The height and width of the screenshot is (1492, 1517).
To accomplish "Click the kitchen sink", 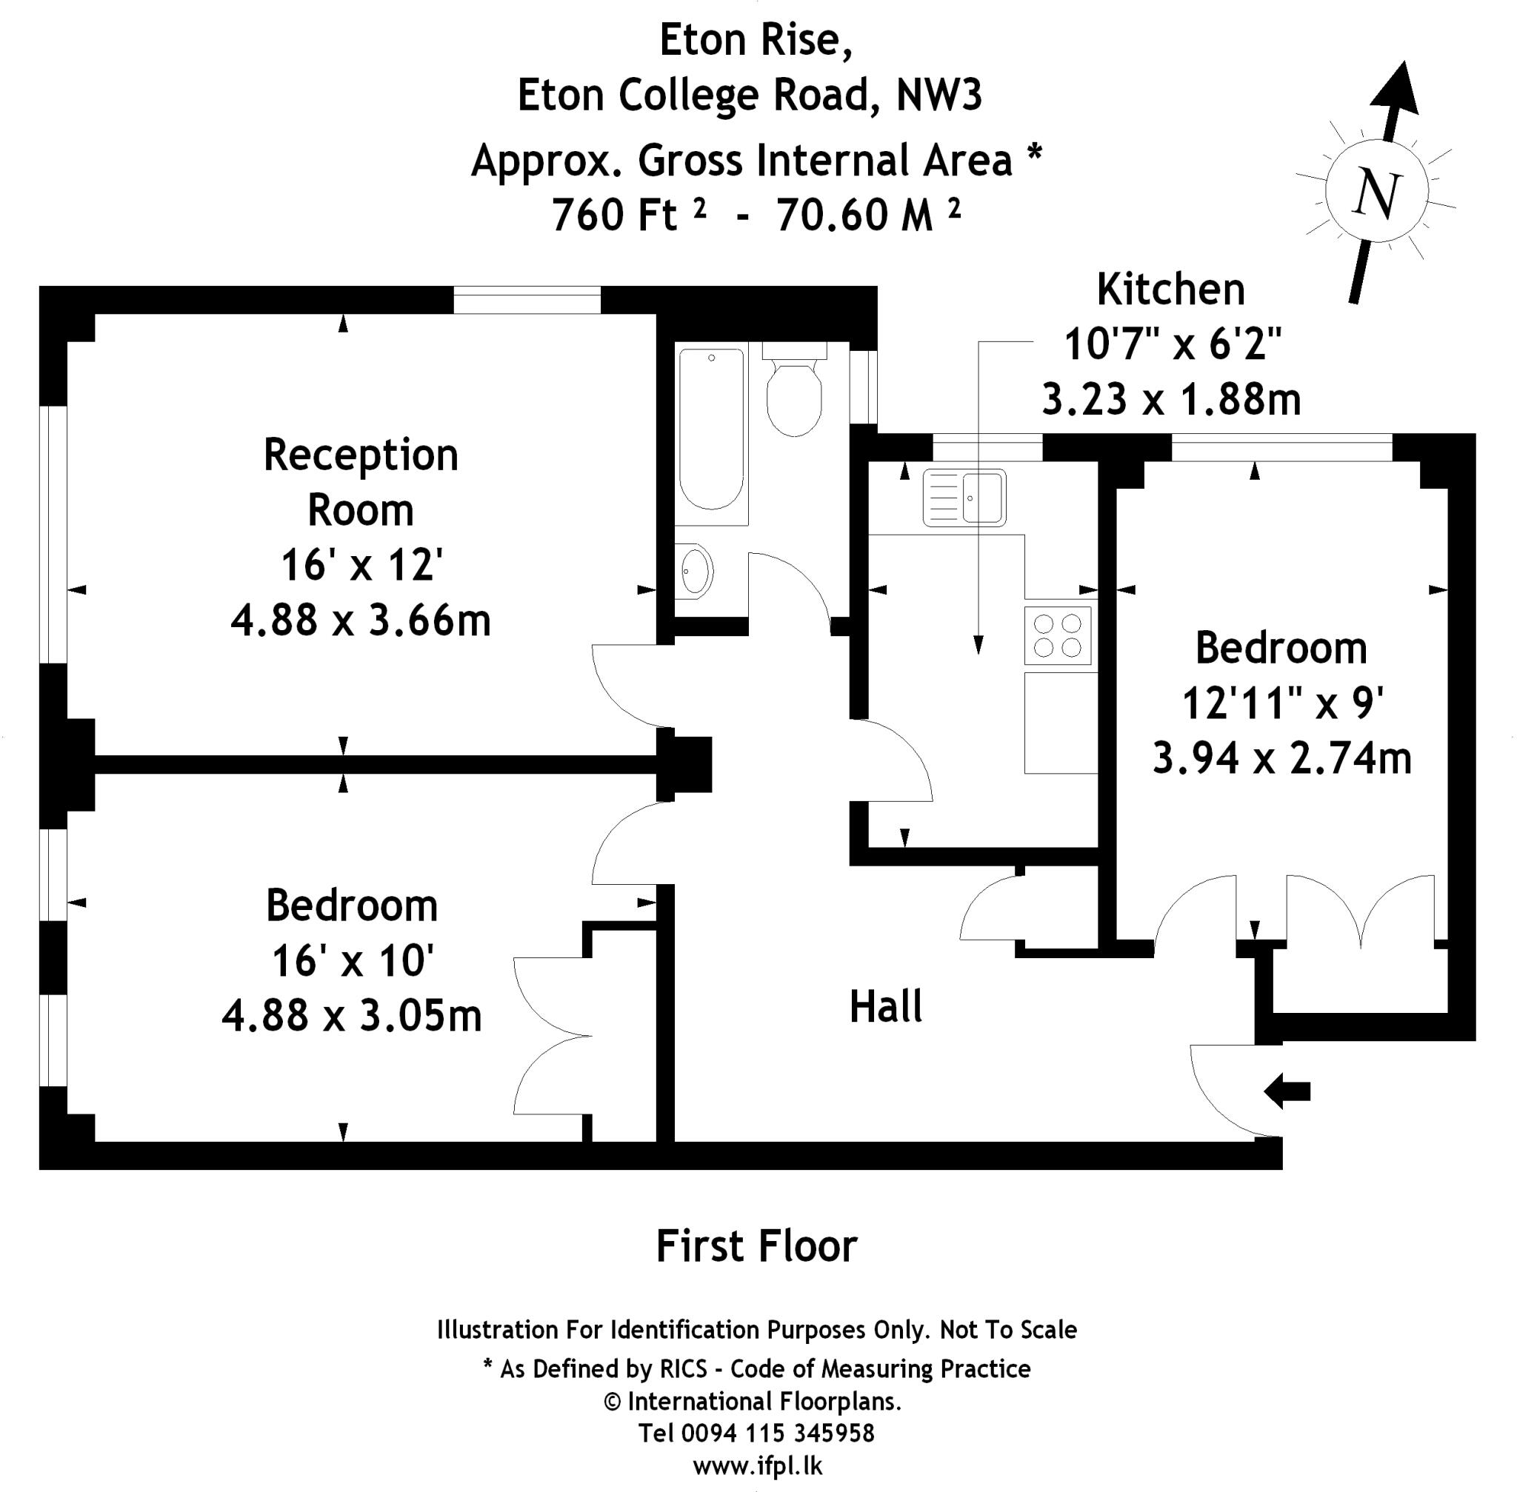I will coord(964,497).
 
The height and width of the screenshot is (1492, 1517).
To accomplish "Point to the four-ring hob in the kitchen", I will coord(1058,635).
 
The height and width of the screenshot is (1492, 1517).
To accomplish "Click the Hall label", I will coord(886,1007).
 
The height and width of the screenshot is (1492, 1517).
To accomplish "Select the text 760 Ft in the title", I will coord(615,215).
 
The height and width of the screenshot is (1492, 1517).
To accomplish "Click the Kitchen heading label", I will coord(1170,290).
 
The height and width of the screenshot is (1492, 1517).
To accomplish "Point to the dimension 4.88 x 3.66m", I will coord(361,620).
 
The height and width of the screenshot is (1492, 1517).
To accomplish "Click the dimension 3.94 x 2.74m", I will coord(1281,758).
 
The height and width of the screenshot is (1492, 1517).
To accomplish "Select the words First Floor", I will coord(756,1247).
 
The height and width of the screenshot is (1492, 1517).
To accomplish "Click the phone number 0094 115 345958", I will coord(777,1434).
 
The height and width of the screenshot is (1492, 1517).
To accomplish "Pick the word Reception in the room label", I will coord(361,455).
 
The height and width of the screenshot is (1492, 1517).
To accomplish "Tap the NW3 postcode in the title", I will coord(938,96).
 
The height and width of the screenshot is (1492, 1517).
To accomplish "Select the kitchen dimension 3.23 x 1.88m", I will coord(1170,400).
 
